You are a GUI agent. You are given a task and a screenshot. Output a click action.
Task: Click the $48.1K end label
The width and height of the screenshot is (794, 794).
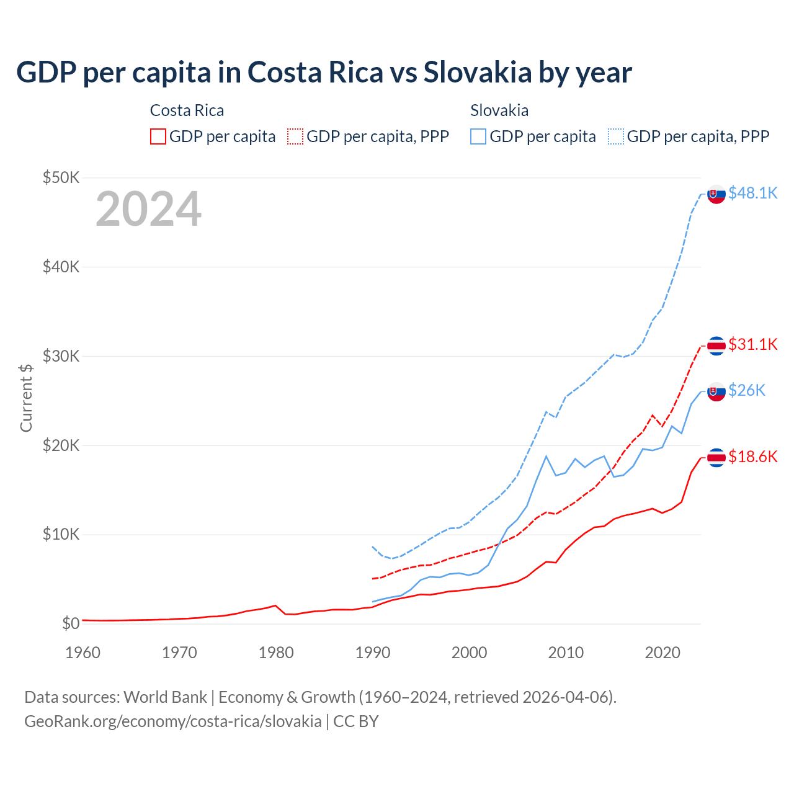coord(752,193)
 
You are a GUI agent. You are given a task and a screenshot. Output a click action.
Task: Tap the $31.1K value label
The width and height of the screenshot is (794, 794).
coord(752,344)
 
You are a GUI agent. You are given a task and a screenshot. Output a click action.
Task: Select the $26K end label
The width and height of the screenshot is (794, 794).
coord(747,390)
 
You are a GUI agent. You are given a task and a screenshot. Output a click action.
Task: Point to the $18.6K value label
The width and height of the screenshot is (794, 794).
coord(752,457)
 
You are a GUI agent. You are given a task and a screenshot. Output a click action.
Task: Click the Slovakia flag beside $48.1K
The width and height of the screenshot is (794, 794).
coord(716,194)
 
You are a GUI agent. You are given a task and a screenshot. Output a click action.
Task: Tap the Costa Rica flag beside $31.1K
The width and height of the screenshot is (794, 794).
coord(716,346)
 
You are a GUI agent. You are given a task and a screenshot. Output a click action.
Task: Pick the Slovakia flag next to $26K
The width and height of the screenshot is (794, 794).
coord(716,391)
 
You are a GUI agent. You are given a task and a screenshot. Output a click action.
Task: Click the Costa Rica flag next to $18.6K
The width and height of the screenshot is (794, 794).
coord(716,458)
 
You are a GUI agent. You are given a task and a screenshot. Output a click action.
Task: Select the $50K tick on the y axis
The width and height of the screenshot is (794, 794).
coord(61,178)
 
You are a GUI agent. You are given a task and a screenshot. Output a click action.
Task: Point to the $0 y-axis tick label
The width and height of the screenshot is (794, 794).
coord(71,623)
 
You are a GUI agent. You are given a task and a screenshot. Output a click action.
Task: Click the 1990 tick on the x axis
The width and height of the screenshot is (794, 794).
coord(373,653)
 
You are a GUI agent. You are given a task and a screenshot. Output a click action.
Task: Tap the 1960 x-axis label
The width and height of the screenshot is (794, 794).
coord(83,653)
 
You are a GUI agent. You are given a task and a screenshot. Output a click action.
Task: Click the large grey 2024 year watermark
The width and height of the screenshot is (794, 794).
coord(148,209)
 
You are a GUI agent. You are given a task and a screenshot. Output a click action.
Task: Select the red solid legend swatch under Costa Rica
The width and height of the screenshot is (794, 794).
coord(158,136)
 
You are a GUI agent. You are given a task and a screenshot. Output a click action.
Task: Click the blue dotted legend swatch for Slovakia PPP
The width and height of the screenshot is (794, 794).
coord(616,136)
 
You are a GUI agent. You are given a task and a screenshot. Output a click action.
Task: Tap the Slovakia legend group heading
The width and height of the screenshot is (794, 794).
coord(499,110)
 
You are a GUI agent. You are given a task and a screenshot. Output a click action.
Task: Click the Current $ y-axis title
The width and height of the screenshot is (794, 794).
coord(26,398)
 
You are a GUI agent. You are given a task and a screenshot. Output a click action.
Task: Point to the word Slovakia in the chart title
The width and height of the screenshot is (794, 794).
coord(478,73)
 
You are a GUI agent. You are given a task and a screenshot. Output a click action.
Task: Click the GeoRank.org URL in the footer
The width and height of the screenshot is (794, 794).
coord(173,721)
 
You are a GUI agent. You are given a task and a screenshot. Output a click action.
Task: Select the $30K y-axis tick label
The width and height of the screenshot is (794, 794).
coord(61,356)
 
